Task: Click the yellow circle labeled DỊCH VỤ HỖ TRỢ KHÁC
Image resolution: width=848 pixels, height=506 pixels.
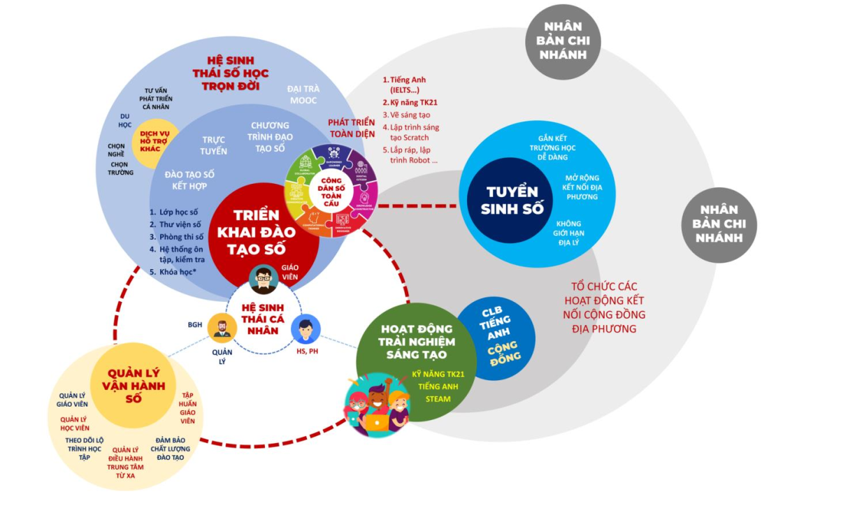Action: click(x=156, y=143)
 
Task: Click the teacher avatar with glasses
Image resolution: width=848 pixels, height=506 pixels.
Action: click(x=264, y=279)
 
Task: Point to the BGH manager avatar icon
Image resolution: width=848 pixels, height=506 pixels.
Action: click(x=222, y=327)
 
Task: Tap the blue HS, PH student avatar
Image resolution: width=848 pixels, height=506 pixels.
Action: click(x=306, y=328)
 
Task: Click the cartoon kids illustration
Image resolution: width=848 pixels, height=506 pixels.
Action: click(x=377, y=405)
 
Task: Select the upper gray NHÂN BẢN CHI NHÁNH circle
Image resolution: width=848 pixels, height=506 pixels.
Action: click(x=563, y=41)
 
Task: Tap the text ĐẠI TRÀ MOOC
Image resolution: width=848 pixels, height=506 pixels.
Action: click(x=303, y=95)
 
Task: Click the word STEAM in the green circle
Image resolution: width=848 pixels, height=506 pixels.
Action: click(x=438, y=399)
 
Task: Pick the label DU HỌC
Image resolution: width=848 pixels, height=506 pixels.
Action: click(x=125, y=120)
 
